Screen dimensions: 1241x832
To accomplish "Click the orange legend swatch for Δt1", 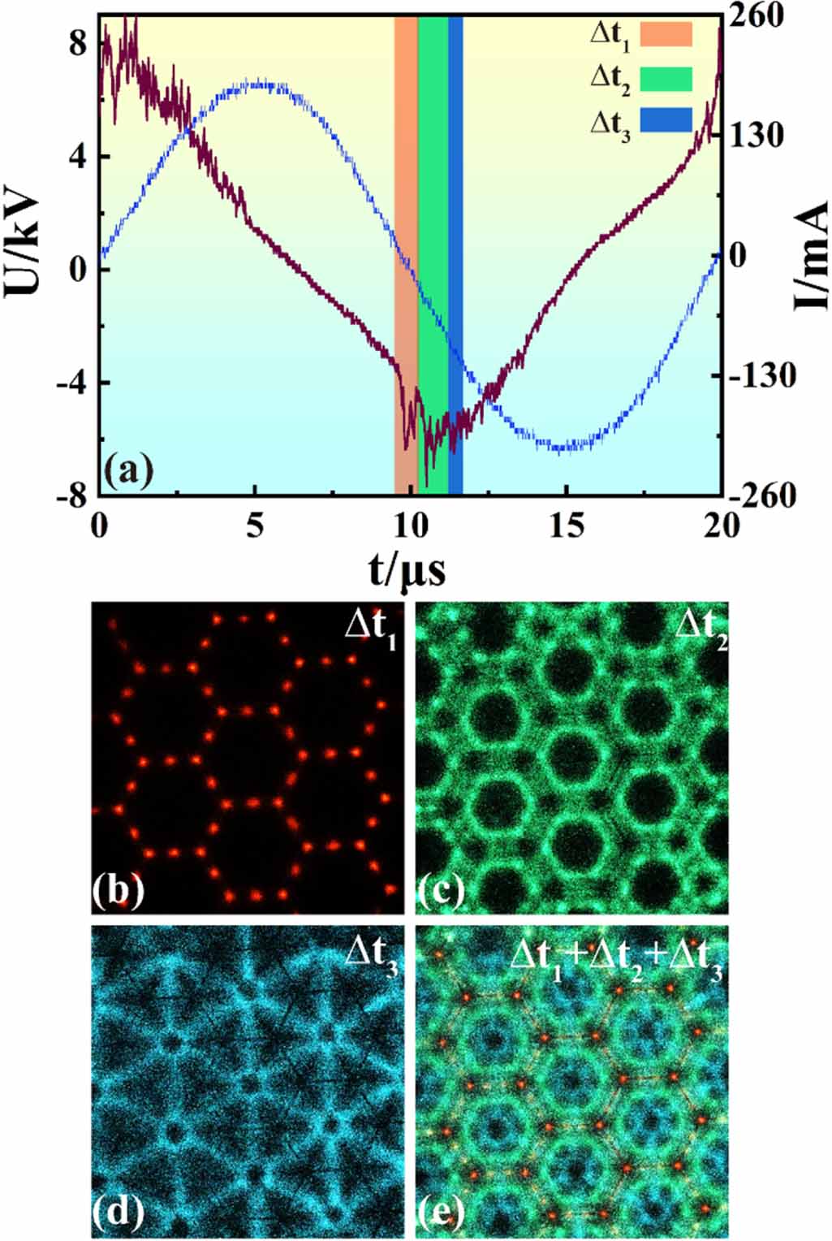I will pos(666,34).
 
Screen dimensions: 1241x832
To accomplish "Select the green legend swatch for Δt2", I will pos(666,79).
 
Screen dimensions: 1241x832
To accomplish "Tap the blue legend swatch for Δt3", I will pos(666,120).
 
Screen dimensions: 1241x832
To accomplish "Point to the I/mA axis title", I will pos(811,256).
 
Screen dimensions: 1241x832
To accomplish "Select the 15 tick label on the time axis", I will pos(566,526).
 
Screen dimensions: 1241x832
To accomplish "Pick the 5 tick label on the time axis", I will pos(255,526).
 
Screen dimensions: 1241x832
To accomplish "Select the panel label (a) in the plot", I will pos(128,470).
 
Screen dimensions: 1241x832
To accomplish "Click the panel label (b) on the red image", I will pos(119,890).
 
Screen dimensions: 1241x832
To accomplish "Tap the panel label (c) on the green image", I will pos(441,890).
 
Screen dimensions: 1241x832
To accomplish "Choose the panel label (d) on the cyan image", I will pos(119,1212).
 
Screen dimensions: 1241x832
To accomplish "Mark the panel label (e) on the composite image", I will pos(441,1212).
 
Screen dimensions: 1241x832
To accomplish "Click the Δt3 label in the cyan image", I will pos(371,953).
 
